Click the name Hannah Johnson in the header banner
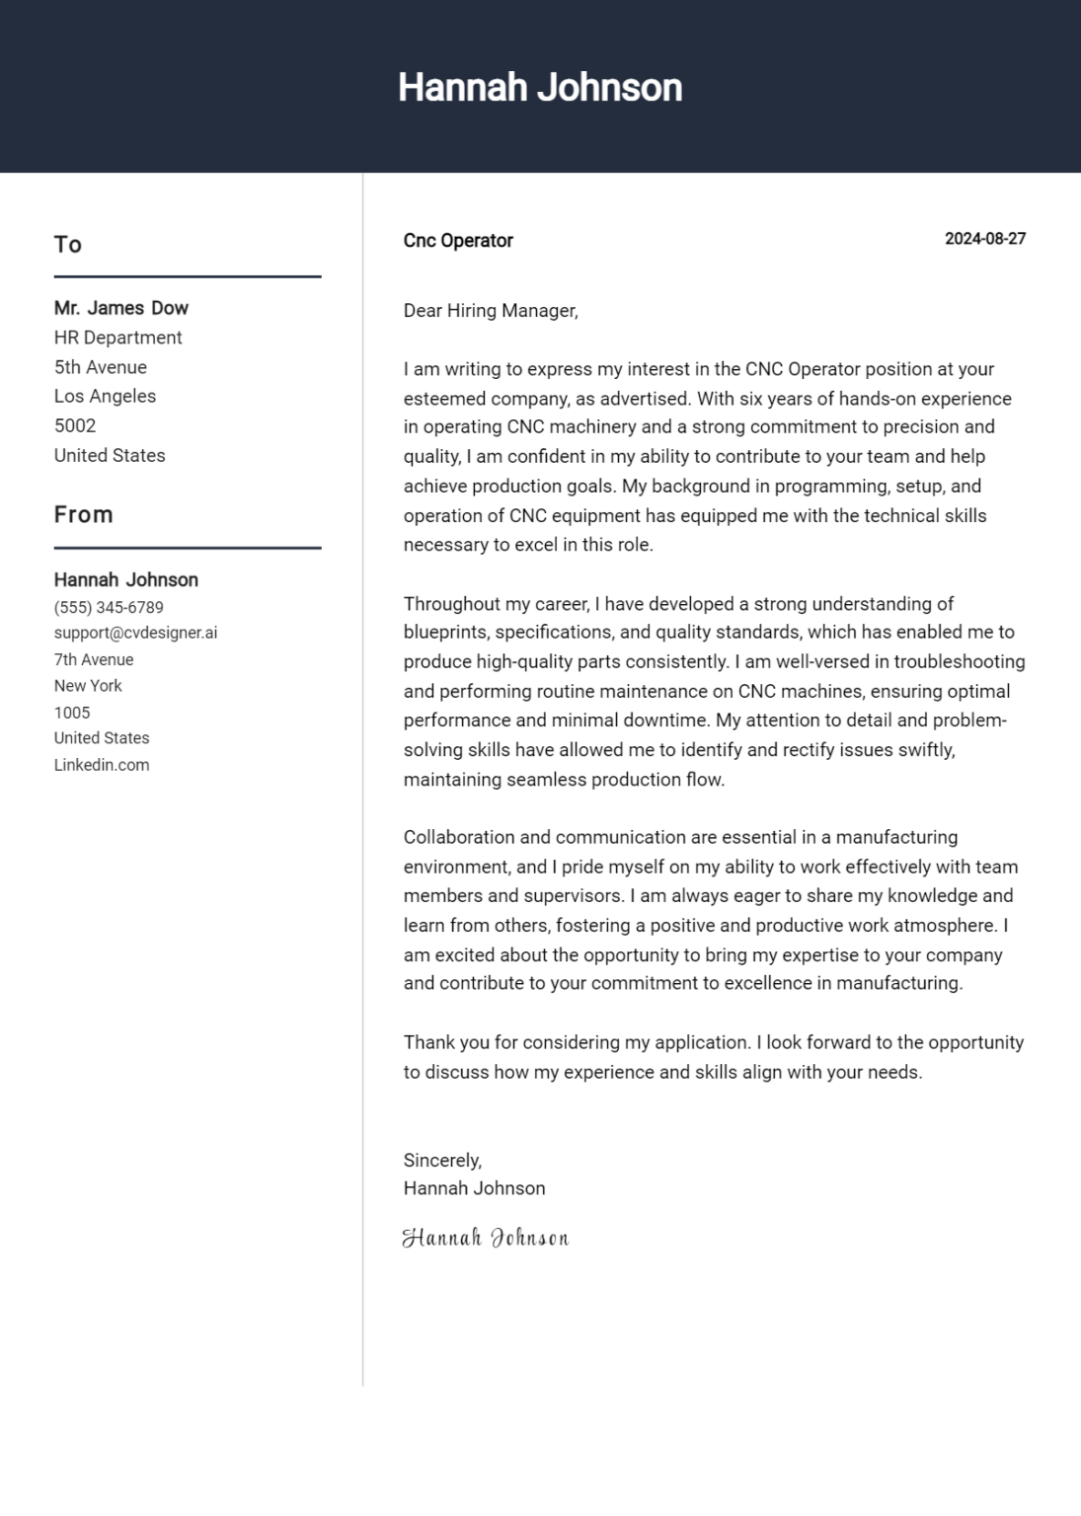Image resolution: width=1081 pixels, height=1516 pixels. [539, 88]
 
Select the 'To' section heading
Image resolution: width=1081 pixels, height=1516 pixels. [68, 245]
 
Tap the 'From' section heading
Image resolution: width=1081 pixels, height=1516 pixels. [84, 515]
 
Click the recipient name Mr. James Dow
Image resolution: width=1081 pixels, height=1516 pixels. [121, 308]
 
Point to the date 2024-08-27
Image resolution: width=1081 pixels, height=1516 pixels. [984, 239]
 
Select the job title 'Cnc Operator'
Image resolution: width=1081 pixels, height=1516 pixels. [458, 241]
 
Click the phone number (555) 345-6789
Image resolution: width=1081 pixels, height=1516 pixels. [109, 607]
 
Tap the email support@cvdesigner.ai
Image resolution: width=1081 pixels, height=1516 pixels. [135, 633]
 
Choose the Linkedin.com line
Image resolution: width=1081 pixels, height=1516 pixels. [102, 765]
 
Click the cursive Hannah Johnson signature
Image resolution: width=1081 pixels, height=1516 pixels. [486, 1238]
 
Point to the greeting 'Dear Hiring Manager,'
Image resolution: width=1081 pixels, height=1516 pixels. [491, 311]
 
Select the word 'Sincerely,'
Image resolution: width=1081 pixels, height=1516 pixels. [442, 1161]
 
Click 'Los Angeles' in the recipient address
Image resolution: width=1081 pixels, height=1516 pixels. [105, 396]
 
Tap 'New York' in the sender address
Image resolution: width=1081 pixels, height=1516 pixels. [88, 686]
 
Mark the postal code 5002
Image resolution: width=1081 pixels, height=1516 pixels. [75, 425]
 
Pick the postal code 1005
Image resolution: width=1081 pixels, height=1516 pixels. [72, 713]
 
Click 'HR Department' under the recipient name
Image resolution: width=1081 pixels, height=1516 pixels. [118, 338]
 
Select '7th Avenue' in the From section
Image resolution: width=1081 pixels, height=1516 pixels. [94, 659]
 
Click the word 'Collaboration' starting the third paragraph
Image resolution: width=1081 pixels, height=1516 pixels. [459, 837]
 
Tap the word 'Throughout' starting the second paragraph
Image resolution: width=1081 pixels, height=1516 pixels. [450, 604]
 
